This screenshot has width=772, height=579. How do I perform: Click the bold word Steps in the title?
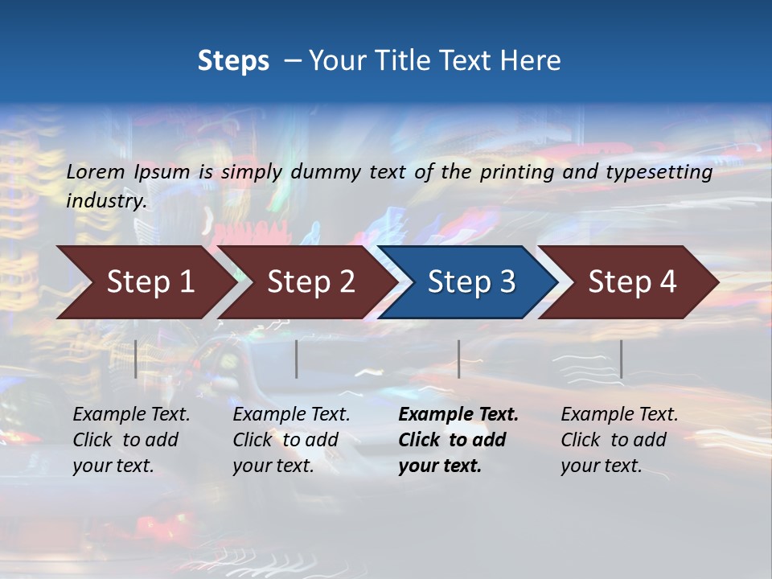click(x=233, y=61)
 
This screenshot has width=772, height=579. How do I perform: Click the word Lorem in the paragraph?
click(x=96, y=171)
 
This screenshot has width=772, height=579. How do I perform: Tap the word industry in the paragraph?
click(x=105, y=200)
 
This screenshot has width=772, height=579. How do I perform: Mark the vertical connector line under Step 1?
click(x=136, y=359)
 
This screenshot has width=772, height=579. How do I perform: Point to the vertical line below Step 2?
click(x=297, y=359)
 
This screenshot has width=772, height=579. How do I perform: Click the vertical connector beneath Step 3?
click(x=458, y=359)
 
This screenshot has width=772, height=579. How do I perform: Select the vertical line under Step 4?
click(x=621, y=359)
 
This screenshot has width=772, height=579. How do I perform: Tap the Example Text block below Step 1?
click(x=131, y=440)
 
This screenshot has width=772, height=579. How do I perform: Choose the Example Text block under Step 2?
click(x=291, y=440)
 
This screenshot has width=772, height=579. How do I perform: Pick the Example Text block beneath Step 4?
click(x=619, y=440)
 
